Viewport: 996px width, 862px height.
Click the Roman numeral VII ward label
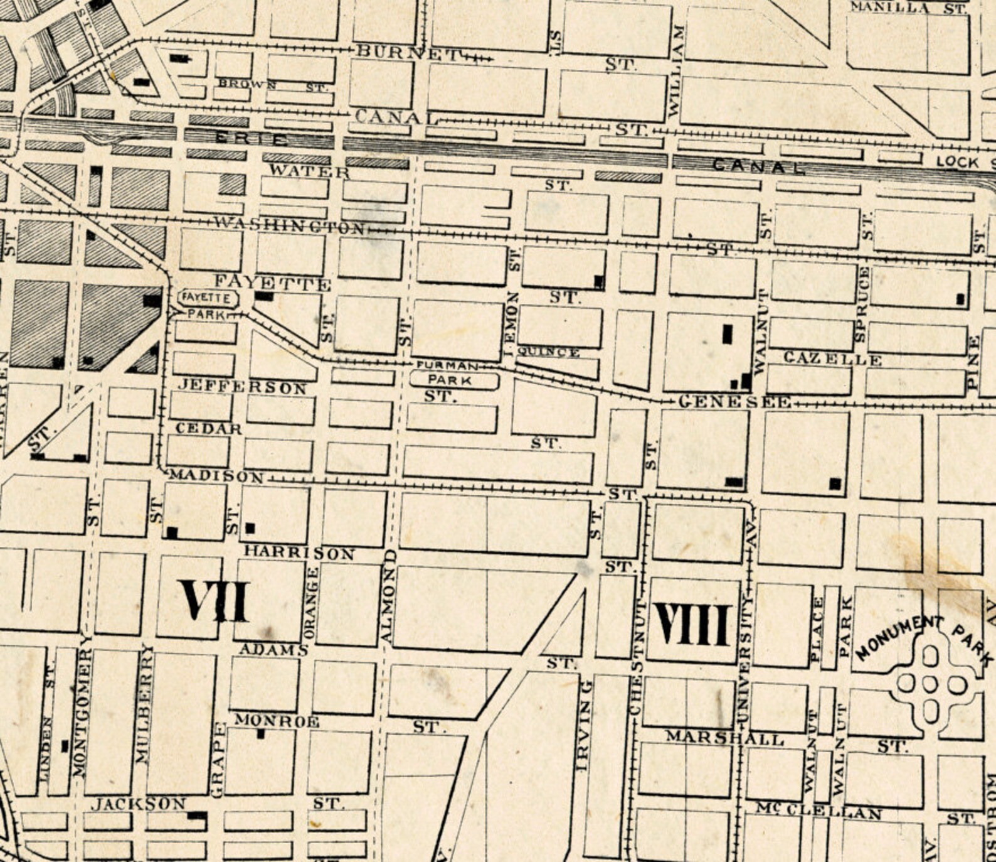214,600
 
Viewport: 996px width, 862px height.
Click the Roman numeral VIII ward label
692,625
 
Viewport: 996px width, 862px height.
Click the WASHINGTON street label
289,224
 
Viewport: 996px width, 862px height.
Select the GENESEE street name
734,402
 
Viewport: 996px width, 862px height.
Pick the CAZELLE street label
832,359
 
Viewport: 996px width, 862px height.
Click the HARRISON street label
299,552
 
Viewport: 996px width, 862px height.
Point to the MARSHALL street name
724,738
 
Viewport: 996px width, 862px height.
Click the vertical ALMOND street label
388,597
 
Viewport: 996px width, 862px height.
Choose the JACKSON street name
139,804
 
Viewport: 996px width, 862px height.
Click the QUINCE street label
548,352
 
